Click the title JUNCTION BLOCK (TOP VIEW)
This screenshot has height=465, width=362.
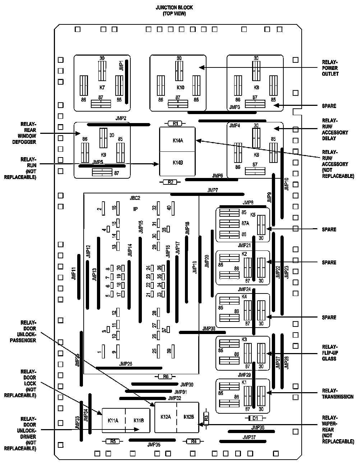pyautogui.click(x=174, y=11)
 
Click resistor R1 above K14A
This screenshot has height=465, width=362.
pyautogui.click(x=176, y=123)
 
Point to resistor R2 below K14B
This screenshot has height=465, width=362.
pyautogui.click(x=170, y=182)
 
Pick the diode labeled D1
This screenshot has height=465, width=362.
pyautogui.click(x=255, y=418)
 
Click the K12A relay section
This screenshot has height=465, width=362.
pyautogui.click(x=166, y=417)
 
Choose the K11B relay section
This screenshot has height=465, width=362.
pyautogui.click(x=138, y=421)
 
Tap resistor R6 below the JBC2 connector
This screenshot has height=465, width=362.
pyautogui.click(x=166, y=376)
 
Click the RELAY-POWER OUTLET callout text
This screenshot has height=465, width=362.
pyautogui.click(x=330, y=68)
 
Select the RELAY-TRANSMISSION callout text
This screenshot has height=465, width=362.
pyautogui.click(x=338, y=394)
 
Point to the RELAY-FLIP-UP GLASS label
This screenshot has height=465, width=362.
pyautogui.click(x=330, y=353)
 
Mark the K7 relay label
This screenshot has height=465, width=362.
pyautogui.click(x=102, y=87)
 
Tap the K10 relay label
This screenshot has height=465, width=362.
pyautogui.click(x=180, y=87)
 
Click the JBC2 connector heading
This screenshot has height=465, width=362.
pyautogui.click(x=135, y=198)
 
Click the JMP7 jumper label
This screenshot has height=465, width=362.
pyautogui.click(x=213, y=190)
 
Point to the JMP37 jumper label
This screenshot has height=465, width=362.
pyautogui.click(x=249, y=437)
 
